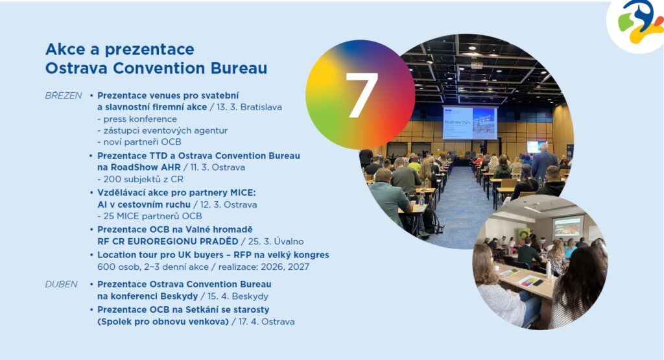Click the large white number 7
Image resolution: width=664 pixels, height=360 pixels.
pos(362,95)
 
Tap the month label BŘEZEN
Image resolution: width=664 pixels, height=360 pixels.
pos(64,95)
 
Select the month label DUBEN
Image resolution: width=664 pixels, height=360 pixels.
pos(62,284)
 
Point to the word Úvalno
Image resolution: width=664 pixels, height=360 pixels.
pos(289,241)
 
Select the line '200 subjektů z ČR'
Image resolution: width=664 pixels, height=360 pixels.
pos(140,179)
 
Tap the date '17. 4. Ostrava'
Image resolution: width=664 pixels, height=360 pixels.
pos(267,322)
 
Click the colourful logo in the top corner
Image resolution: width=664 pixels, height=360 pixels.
pos(640,23)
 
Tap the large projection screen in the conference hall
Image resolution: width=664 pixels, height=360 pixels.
pos(470,123)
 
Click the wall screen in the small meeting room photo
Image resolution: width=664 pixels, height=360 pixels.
pos(567,227)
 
